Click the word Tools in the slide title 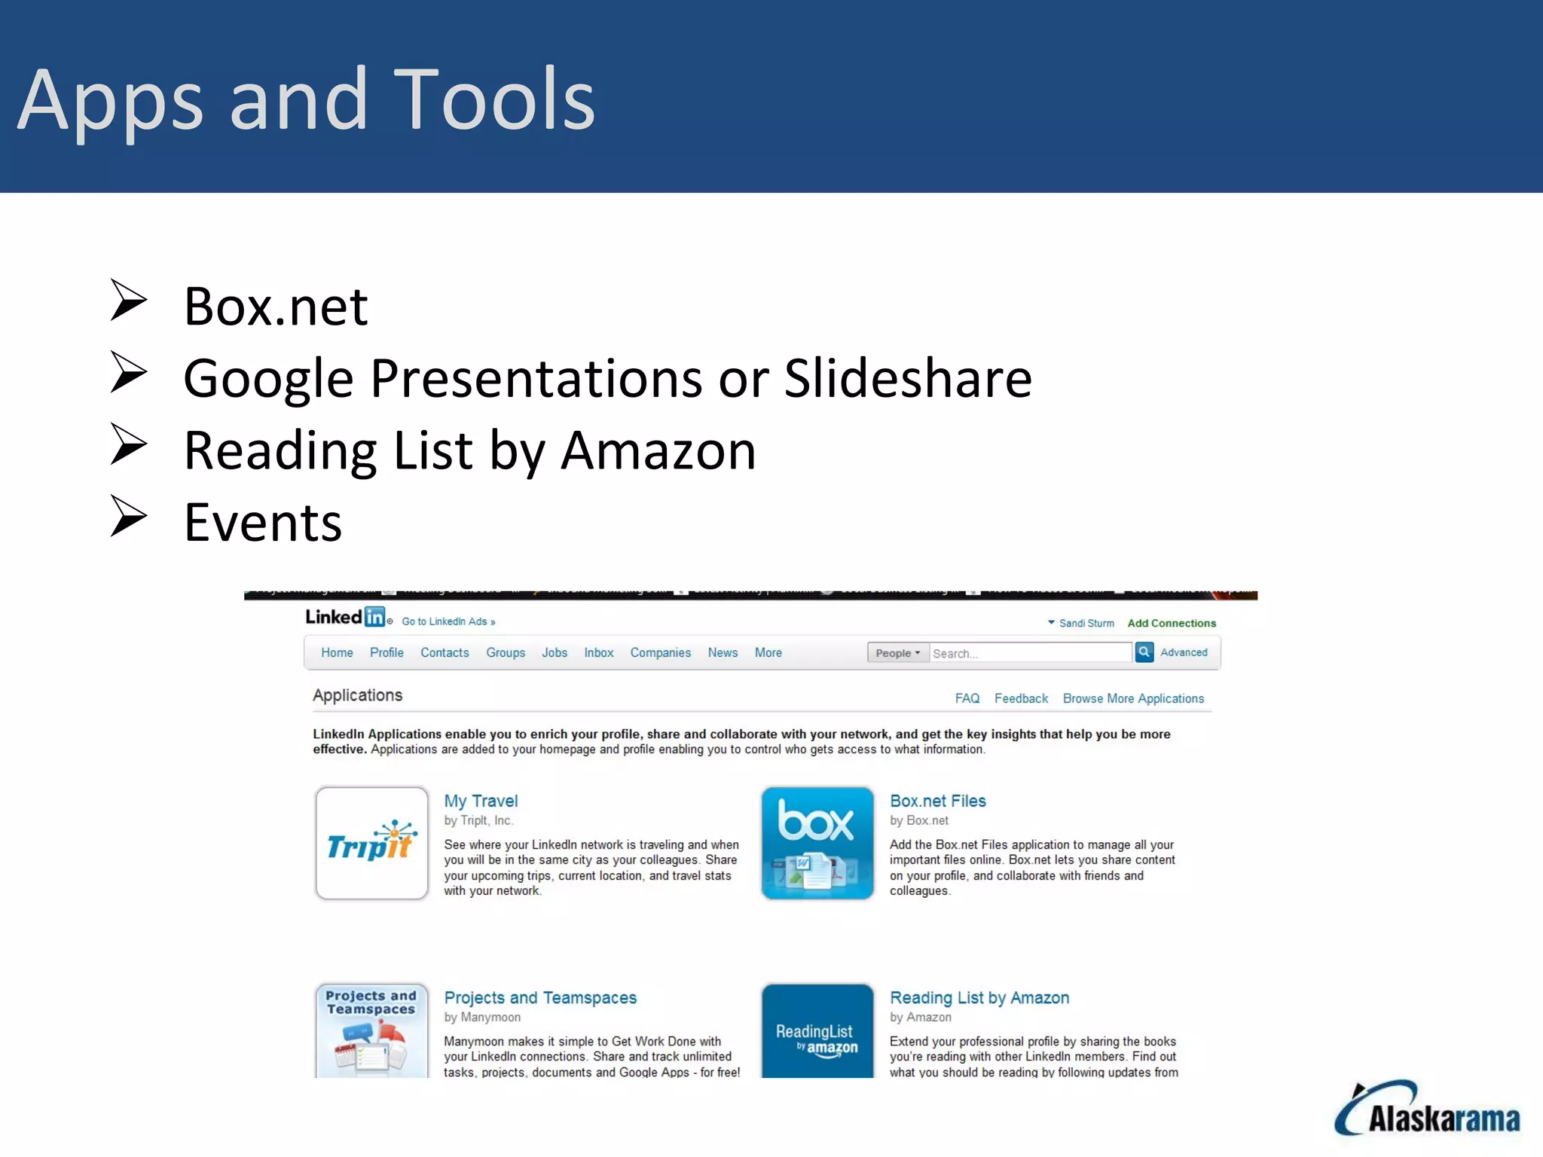pos(493,99)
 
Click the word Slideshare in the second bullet pos(908,378)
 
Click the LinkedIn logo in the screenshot pos(346,617)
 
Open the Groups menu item pos(505,652)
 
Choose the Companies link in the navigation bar pos(660,652)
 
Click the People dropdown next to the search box pos(897,653)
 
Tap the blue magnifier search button pos(1144,652)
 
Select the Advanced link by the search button pos(1184,652)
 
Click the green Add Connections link pos(1172,623)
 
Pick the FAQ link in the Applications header pos(967,698)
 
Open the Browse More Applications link pos(1133,698)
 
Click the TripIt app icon pos(371,844)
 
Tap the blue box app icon pos(817,844)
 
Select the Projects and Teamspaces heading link pos(540,997)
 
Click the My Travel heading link pos(481,801)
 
